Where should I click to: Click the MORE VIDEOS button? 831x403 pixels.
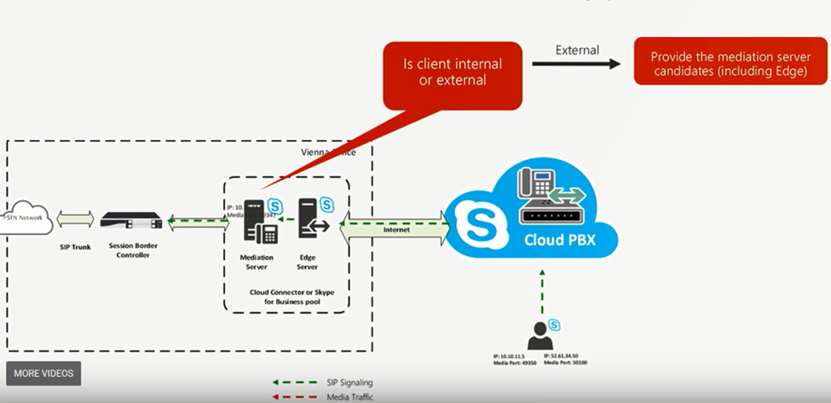point(44,373)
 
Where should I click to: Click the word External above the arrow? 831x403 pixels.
point(577,50)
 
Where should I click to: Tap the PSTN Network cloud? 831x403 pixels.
point(24,219)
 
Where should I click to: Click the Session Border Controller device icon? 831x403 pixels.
point(131,220)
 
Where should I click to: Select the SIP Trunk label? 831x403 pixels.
point(75,246)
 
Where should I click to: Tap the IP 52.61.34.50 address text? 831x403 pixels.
point(566,356)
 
